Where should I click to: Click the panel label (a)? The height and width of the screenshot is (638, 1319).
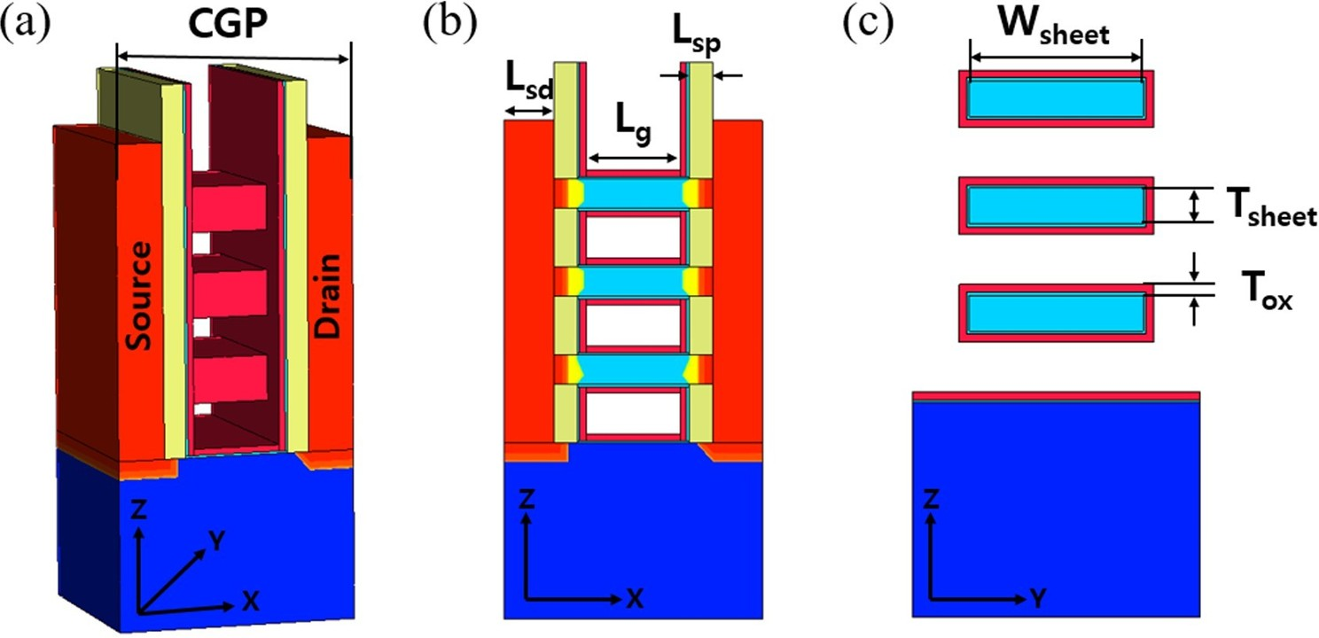[25, 27]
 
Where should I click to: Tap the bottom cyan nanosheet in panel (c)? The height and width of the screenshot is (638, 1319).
[1055, 312]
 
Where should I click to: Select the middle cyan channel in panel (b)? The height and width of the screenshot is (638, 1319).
[633, 281]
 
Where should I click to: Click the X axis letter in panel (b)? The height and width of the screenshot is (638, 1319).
[634, 599]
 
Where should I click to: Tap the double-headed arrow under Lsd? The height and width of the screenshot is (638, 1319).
[527, 111]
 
